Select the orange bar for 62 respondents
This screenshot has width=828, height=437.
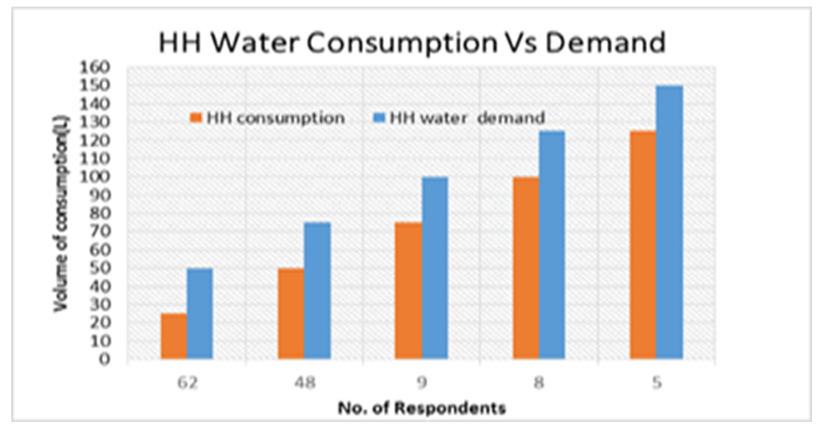(174, 335)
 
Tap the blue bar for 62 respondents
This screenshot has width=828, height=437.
(200, 313)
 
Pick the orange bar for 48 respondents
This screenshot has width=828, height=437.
(291, 313)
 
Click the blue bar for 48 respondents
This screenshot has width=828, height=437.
(318, 290)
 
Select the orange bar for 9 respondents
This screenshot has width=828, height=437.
(408, 290)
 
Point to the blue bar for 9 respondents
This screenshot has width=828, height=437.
(435, 267)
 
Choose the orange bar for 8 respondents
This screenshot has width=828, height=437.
(526, 267)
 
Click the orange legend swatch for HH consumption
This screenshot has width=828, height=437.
(197, 118)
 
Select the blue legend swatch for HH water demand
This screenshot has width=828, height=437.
(369, 118)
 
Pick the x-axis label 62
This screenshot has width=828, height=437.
(187, 384)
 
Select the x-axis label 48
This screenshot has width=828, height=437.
(305, 384)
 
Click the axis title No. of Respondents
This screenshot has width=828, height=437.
(422, 408)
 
